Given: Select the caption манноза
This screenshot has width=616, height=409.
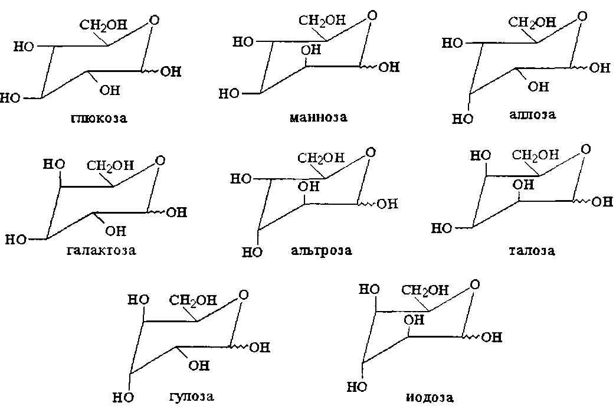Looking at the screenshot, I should pyautogui.click(x=318, y=117).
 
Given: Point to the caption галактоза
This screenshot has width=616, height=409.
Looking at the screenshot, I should pyautogui.click(x=101, y=250).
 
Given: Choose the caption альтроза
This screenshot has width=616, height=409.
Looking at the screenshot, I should pyautogui.click(x=322, y=250).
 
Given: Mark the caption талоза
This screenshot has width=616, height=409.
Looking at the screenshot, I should pyautogui.click(x=532, y=251).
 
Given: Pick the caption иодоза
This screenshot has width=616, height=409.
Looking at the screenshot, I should pyautogui.click(x=430, y=397).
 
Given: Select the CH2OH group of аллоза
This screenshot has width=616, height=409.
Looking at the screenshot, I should pyautogui.click(x=532, y=22).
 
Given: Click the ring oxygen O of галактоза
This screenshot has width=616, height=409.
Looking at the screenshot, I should pyautogui.click(x=159, y=161).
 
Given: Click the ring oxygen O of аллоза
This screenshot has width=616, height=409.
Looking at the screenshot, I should pyautogui.click(x=582, y=17).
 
